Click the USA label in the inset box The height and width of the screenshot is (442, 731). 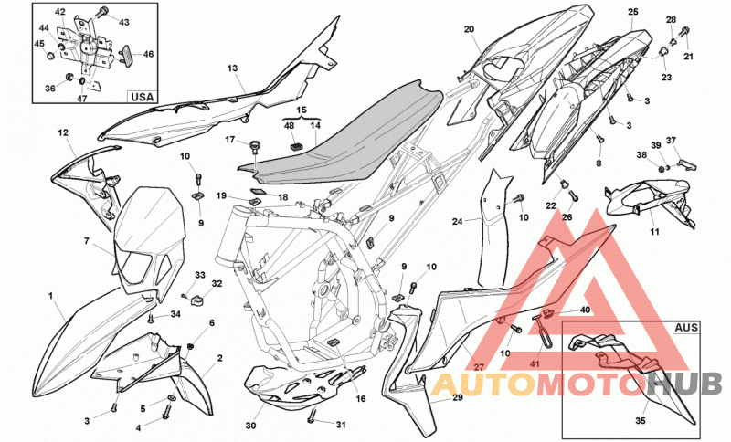point(143,97)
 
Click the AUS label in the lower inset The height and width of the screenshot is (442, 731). point(686,328)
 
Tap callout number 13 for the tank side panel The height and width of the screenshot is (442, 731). point(233,68)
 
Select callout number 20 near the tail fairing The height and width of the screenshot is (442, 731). point(469,29)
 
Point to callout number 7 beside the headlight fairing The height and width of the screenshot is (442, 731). point(86,241)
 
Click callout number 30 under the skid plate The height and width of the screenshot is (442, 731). point(250,426)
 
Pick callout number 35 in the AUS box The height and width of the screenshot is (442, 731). point(641,421)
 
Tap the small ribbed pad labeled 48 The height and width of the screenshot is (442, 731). point(295,145)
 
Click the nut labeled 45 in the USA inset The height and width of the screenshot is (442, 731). point(51,56)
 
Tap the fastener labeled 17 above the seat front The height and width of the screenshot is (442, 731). point(254,146)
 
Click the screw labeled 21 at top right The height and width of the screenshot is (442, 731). point(684,33)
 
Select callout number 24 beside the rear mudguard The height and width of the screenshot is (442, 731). point(458,221)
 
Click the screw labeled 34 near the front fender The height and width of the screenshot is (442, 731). point(151,319)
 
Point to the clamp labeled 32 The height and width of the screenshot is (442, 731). point(198,299)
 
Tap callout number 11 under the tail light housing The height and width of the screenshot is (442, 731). point(654,231)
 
